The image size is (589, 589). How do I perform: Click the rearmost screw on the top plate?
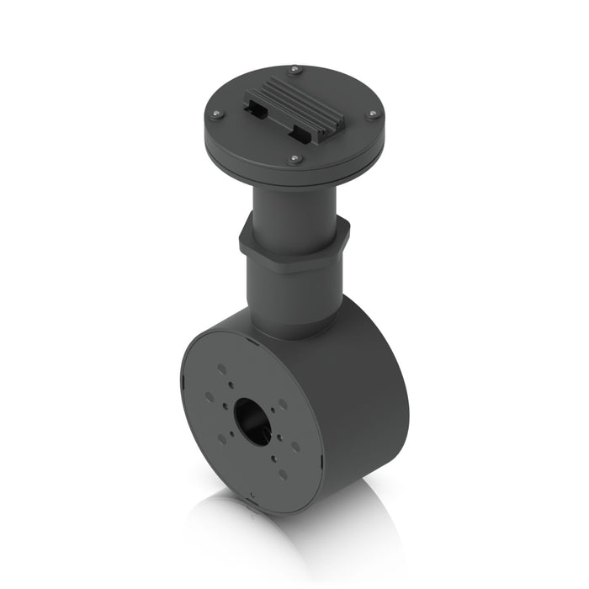[x=295, y=69]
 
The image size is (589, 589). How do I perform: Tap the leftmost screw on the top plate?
[x=216, y=114]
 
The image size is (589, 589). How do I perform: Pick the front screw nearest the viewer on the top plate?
[x=294, y=158]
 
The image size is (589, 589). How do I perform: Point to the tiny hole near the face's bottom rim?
[x=252, y=495]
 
